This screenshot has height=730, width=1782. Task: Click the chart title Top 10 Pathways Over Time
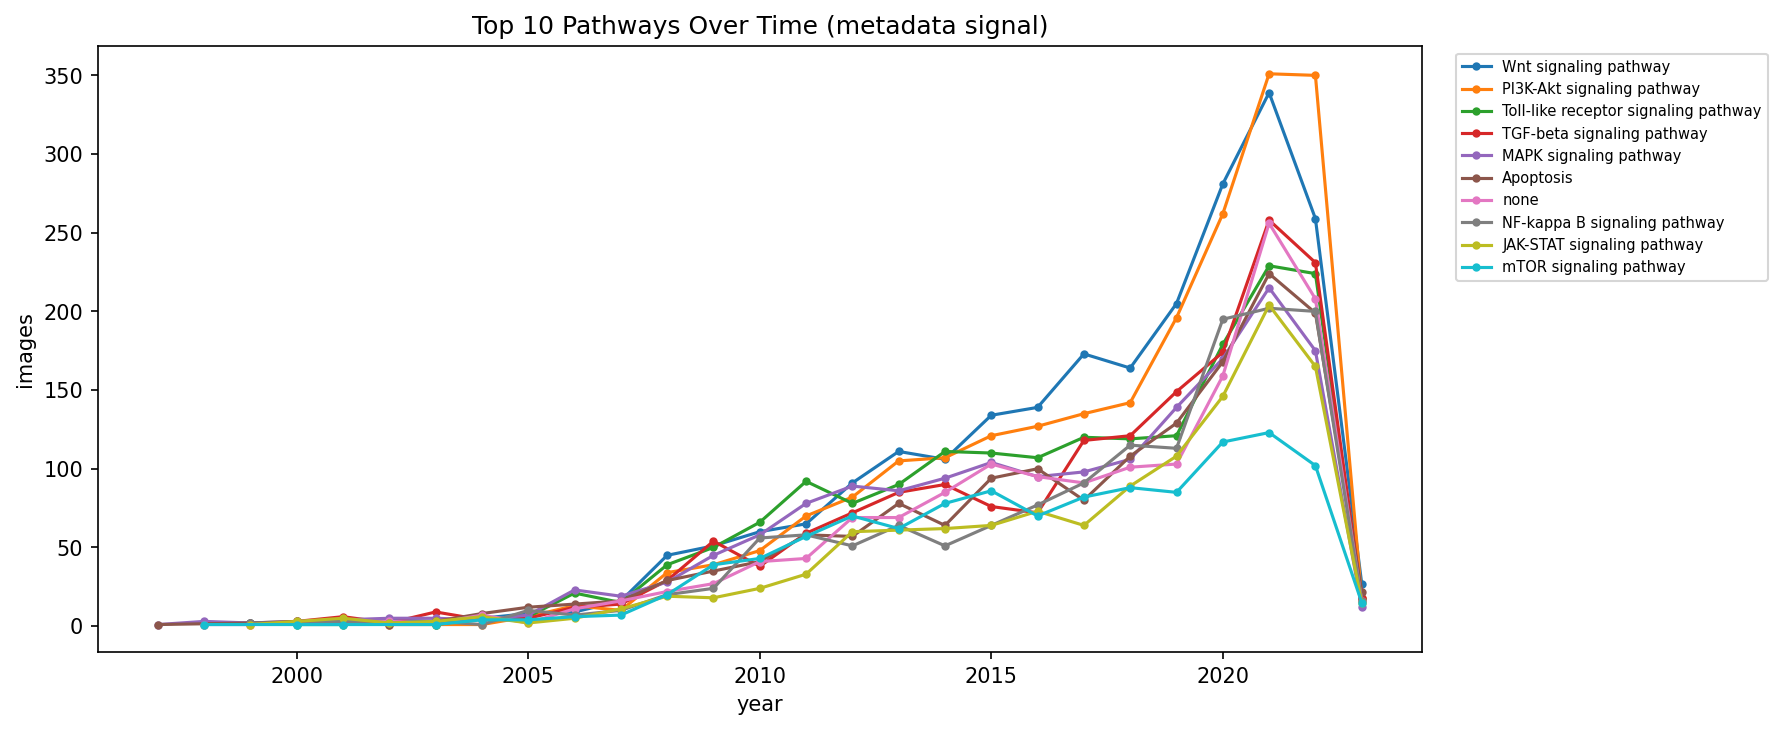[x=759, y=26]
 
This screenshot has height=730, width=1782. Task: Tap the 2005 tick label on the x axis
[x=528, y=676]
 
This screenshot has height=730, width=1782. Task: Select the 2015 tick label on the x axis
[x=991, y=676]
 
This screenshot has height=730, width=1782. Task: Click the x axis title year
[x=759, y=705]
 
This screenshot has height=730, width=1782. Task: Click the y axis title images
[x=26, y=350]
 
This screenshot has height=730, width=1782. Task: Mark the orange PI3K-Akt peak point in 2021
[x=1269, y=74]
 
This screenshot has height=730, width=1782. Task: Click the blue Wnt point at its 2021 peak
[x=1269, y=93]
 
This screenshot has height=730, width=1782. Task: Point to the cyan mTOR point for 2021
[x=1269, y=433]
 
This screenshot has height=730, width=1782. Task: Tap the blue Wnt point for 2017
[x=1084, y=354]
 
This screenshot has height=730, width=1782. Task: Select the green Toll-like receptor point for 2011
[x=806, y=481]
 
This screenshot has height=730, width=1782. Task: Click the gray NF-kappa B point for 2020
[x=1223, y=319]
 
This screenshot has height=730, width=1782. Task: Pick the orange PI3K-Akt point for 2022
[x=1315, y=75]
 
